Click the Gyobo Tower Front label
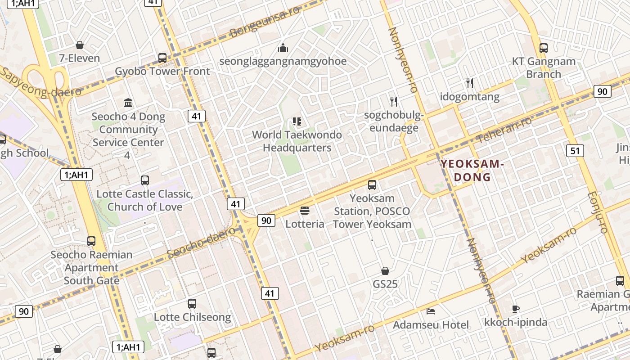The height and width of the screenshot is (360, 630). pos(162,72)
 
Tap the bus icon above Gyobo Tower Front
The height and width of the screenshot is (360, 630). pos(162,58)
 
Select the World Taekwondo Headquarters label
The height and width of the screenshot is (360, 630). pos(297,141)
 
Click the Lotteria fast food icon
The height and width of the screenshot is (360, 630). pos(305,211)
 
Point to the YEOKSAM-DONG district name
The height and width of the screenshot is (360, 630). pos(472,170)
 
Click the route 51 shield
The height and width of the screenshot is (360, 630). pos(576,150)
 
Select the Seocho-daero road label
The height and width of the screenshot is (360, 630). pos(204,243)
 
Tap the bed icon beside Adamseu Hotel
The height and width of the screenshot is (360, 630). pos(431,311)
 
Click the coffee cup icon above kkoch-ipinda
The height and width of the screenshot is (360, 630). pos(516,309)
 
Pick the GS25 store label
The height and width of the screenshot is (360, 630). pos(385,284)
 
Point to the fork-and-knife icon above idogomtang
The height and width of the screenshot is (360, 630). pos(470,83)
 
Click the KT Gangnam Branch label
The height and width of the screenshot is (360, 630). pos(544,68)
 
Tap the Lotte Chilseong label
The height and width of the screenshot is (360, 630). pos(192,317)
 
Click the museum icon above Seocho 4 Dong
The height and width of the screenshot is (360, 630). pos(128,103)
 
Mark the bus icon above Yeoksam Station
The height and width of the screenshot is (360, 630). pos(372,184)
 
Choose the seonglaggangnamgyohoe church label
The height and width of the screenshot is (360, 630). pos(283,61)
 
